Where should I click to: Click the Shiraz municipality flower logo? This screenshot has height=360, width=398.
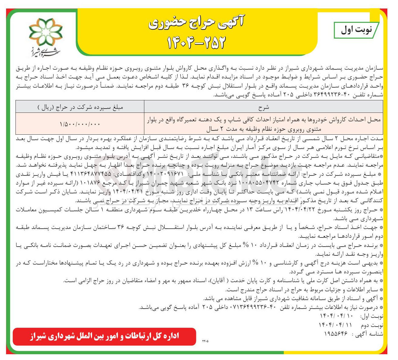point(46,32)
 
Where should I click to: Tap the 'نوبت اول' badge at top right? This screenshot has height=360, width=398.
point(356,30)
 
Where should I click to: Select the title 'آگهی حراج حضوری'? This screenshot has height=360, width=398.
point(197,23)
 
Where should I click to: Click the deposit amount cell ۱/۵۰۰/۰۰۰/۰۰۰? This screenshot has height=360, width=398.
point(80,124)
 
